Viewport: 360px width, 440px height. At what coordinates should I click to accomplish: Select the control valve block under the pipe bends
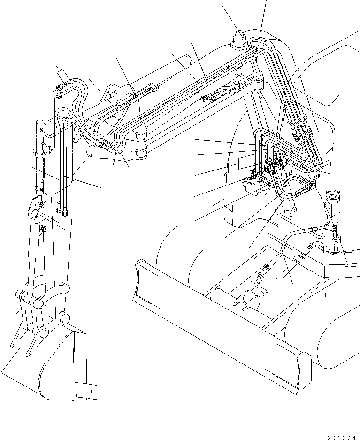click(x=256, y=188)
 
